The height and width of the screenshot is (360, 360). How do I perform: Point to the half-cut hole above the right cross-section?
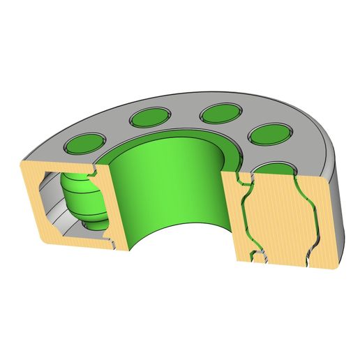(278, 168)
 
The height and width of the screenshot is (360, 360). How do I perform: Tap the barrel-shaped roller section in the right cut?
(278, 216)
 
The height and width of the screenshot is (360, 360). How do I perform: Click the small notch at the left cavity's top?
(93, 169)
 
